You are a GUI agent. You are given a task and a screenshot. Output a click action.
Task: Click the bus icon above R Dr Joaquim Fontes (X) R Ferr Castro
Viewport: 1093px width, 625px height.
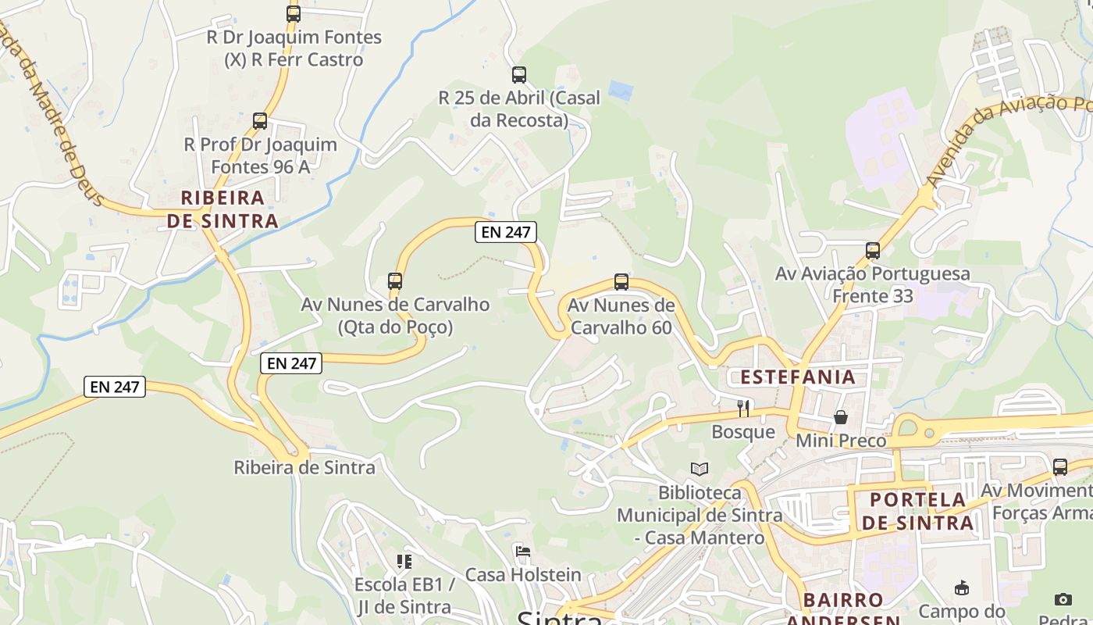pos(294,13)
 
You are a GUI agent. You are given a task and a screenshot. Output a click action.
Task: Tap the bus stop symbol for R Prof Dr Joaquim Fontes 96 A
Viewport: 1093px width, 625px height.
pos(260,121)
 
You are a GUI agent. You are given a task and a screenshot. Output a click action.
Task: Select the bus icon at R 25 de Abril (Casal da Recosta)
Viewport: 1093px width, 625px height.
pos(519,75)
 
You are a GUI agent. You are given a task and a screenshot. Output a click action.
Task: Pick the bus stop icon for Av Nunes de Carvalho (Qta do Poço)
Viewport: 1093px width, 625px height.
pos(395,281)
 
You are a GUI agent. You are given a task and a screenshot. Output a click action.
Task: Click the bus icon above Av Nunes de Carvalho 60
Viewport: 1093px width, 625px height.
pos(621,282)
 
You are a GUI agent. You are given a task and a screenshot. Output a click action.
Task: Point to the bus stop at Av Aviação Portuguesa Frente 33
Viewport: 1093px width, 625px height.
pos(873,251)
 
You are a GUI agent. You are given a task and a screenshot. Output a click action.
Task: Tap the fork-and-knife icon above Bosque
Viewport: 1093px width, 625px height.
pos(743,409)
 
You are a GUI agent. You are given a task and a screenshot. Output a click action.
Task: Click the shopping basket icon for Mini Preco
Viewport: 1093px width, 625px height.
pos(841,417)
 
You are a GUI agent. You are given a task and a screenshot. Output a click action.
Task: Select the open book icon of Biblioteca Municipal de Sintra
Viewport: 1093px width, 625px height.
pos(700,469)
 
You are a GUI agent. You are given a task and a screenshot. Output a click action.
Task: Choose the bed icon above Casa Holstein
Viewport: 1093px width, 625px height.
pos(523,552)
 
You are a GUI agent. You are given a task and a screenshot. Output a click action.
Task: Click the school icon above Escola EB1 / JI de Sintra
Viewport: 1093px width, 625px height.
pos(404,561)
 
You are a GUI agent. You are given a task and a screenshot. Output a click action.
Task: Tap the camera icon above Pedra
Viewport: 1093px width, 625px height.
pos(1063,599)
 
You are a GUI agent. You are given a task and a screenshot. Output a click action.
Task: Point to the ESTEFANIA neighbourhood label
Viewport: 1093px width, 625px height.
pos(798,377)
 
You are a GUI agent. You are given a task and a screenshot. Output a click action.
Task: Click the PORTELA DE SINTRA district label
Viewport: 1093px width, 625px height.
pos(918,511)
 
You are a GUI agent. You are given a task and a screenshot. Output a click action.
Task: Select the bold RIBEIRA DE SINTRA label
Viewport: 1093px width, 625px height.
pos(223,209)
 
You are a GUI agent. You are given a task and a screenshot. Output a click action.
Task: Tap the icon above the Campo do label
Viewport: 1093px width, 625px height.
pos(962,588)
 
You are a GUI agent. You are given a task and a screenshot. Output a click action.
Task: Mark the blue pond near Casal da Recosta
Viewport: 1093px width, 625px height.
pos(621,91)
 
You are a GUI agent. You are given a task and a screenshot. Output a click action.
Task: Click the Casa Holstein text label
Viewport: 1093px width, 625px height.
pos(523,575)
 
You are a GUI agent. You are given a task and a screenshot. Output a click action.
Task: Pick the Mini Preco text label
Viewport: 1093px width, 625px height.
pos(841,441)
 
